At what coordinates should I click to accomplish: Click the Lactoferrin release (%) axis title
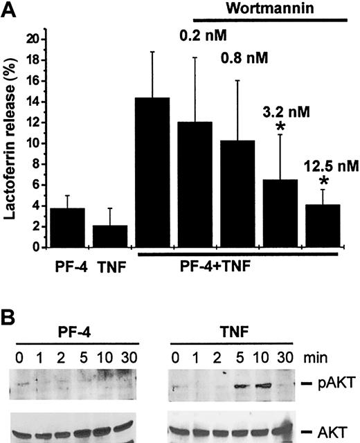tap(11, 138)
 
